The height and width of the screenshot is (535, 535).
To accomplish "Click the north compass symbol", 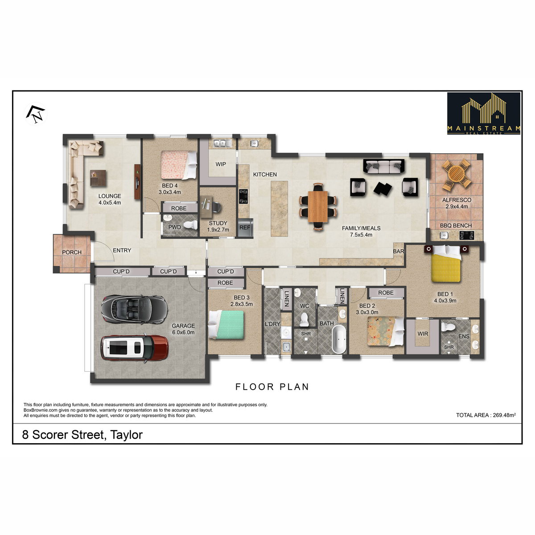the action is pos(36,114).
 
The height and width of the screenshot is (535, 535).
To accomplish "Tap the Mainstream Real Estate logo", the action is pos(483,114).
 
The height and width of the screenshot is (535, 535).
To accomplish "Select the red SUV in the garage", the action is pos(134,348).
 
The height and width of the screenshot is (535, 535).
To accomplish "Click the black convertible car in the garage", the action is pos(134,309).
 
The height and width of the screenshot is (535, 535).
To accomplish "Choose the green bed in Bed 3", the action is pos(226,325).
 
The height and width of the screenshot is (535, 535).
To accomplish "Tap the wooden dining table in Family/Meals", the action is pos(318,206).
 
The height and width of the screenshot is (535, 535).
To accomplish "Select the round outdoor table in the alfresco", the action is pos(457,175).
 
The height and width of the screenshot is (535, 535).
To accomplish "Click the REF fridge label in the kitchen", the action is pos(245,227).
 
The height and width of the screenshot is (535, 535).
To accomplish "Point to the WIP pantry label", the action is pos(221,164).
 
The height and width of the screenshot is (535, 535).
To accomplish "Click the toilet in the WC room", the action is pos(305,319).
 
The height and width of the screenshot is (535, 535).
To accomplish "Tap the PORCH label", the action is pos(72,252).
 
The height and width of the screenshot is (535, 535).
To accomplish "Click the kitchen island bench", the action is pos(279,209).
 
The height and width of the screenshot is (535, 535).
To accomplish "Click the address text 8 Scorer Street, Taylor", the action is pos(82,435).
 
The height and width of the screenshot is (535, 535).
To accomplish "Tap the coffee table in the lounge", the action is pos(98,178).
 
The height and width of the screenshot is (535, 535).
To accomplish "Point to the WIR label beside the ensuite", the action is pos(423,333).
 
